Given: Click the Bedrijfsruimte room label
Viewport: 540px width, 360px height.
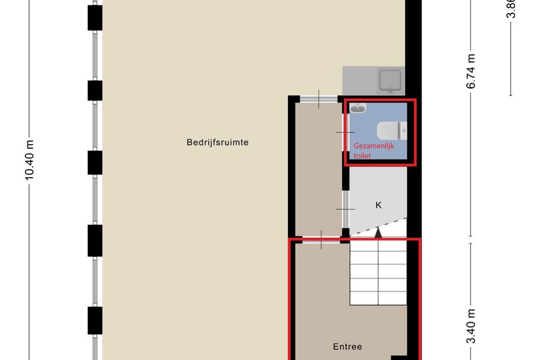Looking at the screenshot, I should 217,143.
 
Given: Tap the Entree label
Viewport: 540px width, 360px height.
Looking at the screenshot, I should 348,347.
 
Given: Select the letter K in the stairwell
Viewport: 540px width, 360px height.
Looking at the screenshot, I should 379,205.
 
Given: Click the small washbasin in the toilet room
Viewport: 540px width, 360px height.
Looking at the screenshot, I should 358,108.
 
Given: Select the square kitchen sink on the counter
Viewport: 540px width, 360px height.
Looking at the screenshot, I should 391,81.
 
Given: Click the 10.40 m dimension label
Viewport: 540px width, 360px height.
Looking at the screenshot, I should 30,160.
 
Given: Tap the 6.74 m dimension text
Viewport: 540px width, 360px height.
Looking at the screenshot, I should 471,71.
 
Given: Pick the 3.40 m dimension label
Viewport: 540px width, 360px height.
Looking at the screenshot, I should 471,326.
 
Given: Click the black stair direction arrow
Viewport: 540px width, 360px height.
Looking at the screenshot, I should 378,233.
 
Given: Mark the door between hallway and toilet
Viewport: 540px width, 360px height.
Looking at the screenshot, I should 345,132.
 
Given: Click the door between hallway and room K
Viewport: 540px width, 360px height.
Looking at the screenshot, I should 345,208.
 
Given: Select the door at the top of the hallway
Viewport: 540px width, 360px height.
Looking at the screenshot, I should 319,99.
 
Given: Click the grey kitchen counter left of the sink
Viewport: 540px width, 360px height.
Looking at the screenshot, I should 359,80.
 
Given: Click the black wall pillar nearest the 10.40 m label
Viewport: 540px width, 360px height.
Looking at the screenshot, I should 95,163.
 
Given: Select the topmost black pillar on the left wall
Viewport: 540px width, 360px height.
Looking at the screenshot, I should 95,17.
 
